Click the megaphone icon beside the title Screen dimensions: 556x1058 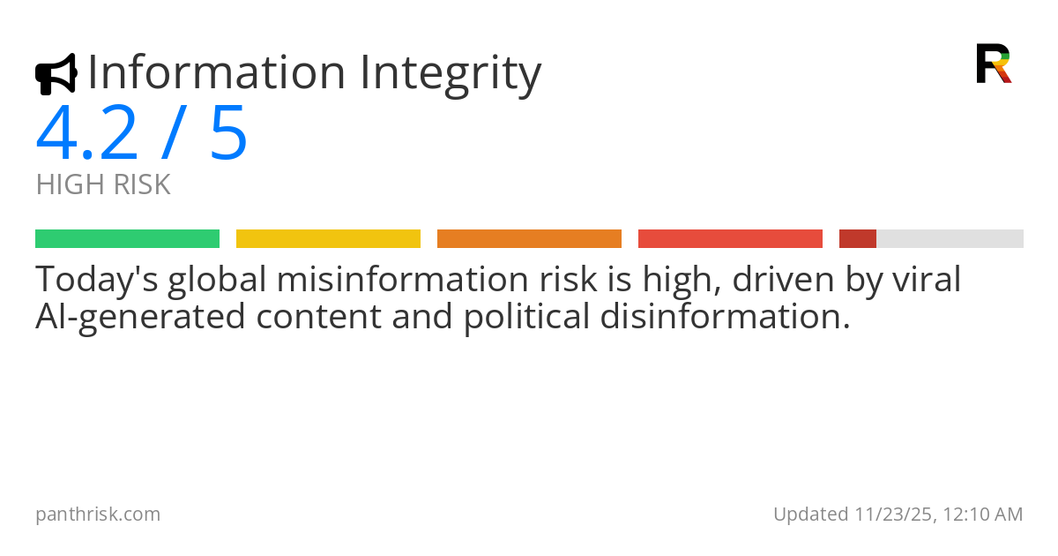56,74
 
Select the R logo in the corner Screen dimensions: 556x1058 993,64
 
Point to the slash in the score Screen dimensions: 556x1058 173,133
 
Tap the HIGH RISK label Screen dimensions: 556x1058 103,185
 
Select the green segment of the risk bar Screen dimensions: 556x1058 127,238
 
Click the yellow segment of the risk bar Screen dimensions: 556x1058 328,238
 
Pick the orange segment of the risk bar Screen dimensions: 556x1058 529,238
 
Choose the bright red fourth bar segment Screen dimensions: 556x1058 730,238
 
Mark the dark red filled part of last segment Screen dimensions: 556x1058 857,238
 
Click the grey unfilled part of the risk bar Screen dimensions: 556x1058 950,238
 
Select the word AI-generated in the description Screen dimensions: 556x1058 140,316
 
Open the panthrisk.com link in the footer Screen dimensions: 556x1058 98,515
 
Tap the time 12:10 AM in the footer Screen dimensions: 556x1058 983,515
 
